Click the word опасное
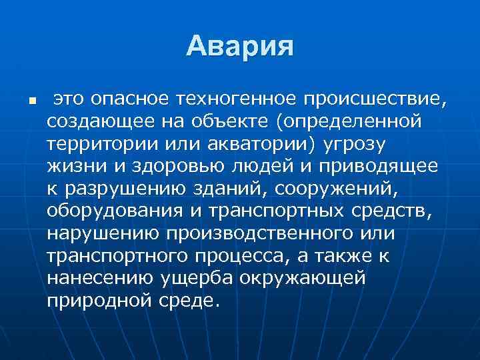click(127, 100)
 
